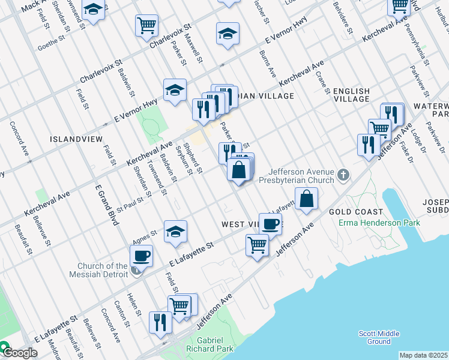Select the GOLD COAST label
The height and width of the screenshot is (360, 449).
[x=355, y=212]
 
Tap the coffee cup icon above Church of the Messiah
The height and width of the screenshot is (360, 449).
[x=141, y=256]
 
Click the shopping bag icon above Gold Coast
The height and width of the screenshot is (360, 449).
[x=306, y=198]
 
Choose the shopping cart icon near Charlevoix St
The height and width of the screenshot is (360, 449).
[x=146, y=26]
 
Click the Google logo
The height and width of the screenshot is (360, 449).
[x=19, y=352]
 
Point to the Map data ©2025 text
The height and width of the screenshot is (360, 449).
[x=423, y=355]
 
